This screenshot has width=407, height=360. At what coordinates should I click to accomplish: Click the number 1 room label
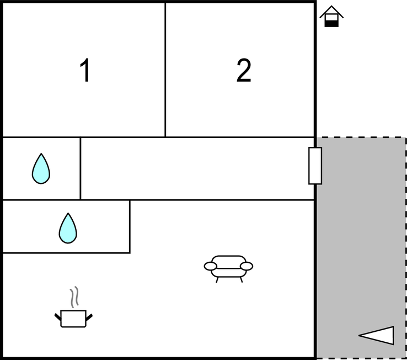coord(85,71)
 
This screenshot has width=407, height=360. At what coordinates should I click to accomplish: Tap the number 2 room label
coord(244,71)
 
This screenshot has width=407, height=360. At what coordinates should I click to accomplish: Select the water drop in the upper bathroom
coord(41,168)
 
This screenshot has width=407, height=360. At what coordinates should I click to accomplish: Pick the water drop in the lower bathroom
coord(68,228)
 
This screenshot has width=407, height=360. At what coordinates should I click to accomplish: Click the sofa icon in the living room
coord(228,267)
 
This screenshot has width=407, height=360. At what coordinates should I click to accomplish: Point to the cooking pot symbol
coord(73,318)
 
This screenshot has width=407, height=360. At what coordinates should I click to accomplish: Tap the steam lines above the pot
coord(74,297)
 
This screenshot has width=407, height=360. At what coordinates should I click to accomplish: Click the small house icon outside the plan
coord(331,17)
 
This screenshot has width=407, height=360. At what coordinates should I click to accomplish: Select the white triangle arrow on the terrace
coord(378,335)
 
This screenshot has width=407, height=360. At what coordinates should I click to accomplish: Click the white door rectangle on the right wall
coord(315,166)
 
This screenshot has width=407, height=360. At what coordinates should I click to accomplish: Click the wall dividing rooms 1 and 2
coord(165,70)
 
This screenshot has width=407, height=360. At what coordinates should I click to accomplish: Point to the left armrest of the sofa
coord(211,267)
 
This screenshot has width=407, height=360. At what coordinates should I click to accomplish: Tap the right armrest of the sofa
coord(247,267)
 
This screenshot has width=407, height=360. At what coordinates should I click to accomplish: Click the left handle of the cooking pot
coord(57,316)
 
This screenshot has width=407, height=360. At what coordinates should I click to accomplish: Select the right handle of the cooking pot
coord(89,316)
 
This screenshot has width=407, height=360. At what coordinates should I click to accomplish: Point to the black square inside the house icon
coord(331,23)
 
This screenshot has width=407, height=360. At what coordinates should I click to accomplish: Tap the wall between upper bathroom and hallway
coord(81,168)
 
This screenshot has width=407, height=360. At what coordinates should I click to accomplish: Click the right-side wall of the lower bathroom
coord(130,226)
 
